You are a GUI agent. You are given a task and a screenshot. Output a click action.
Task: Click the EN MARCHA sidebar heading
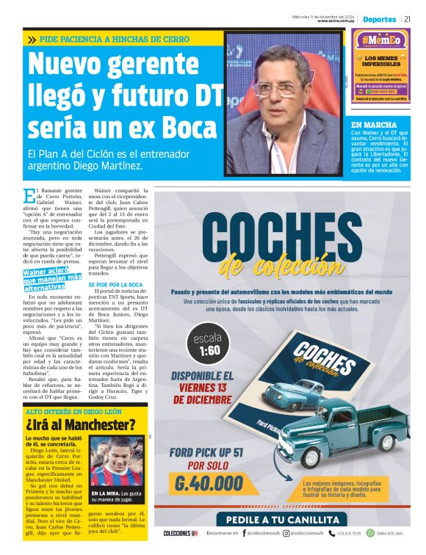(x=372, y=125)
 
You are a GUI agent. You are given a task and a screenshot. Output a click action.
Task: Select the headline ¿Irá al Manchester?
(x=81, y=424)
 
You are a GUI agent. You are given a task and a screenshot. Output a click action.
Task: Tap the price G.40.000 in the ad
(x=209, y=483)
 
